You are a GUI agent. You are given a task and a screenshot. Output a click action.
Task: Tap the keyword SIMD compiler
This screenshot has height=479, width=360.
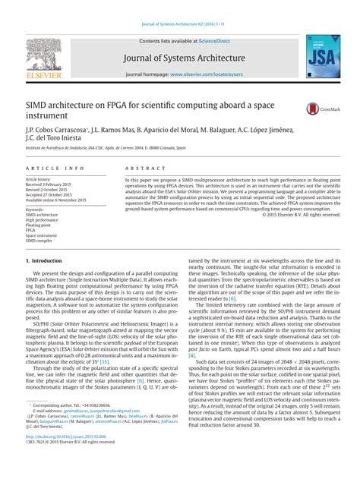click(x=43, y=241)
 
